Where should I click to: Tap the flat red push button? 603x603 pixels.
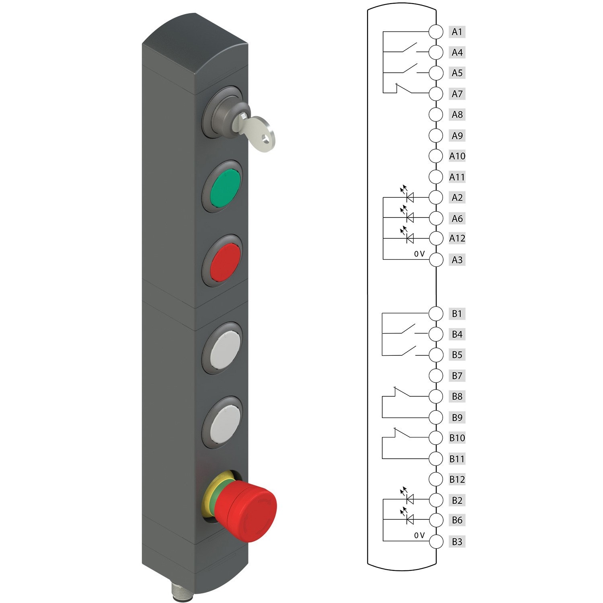click(x=226, y=262)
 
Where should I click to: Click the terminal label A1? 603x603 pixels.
click(x=457, y=32)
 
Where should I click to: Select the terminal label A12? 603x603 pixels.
click(x=457, y=238)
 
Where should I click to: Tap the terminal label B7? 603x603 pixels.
click(x=457, y=376)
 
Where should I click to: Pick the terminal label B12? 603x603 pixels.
click(x=457, y=479)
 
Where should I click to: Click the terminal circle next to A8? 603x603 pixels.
click(x=436, y=115)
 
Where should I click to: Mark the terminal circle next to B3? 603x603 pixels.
click(x=436, y=541)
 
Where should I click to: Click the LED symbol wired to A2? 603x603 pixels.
click(x=409, y=197)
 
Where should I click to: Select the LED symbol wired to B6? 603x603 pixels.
click(x=409, y=519)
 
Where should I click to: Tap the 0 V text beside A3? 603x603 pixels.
click(x=419, y=254)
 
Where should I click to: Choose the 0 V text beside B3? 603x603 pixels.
click(x=419, y=535)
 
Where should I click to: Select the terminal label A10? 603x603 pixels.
click(x=457, y=156)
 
